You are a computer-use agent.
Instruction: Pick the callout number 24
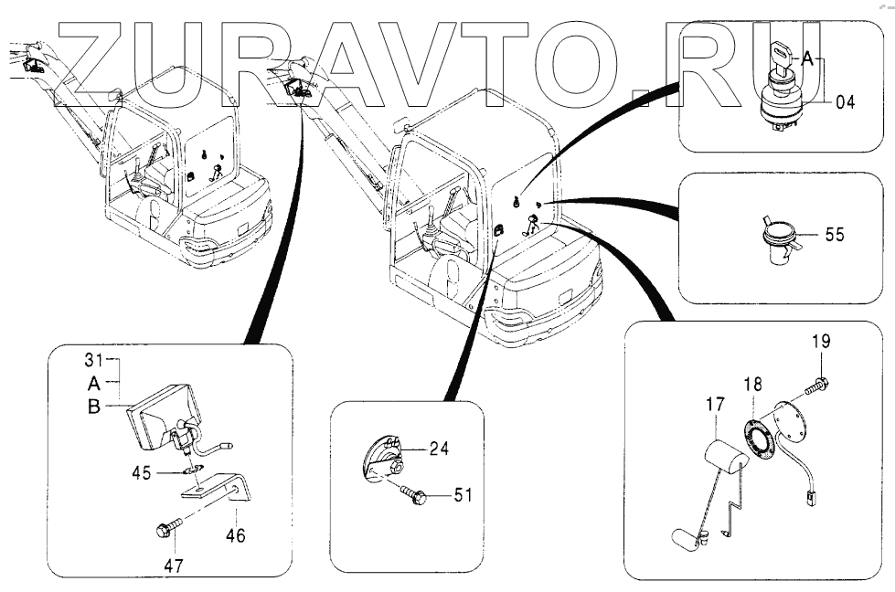point(441,449)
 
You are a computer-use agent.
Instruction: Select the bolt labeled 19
point(817,386)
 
